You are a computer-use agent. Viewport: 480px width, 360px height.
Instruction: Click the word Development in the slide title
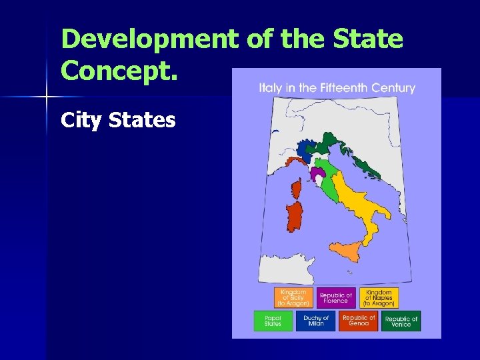148,39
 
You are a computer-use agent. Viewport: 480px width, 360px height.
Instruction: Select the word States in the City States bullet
143,120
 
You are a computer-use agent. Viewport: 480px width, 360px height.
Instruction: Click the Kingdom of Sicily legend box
293,298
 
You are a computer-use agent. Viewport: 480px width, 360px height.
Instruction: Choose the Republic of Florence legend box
336,298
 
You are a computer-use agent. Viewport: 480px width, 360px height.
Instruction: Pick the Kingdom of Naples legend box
379,298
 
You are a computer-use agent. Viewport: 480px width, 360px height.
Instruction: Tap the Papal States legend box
273,321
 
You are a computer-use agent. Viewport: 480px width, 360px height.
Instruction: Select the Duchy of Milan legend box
315,321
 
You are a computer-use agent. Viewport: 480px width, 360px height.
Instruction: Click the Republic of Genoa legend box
359,321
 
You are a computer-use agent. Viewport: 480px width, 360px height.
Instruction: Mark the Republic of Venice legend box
401,321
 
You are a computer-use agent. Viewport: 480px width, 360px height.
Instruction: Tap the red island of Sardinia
294,216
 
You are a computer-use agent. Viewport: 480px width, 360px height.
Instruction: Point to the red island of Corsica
296,191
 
